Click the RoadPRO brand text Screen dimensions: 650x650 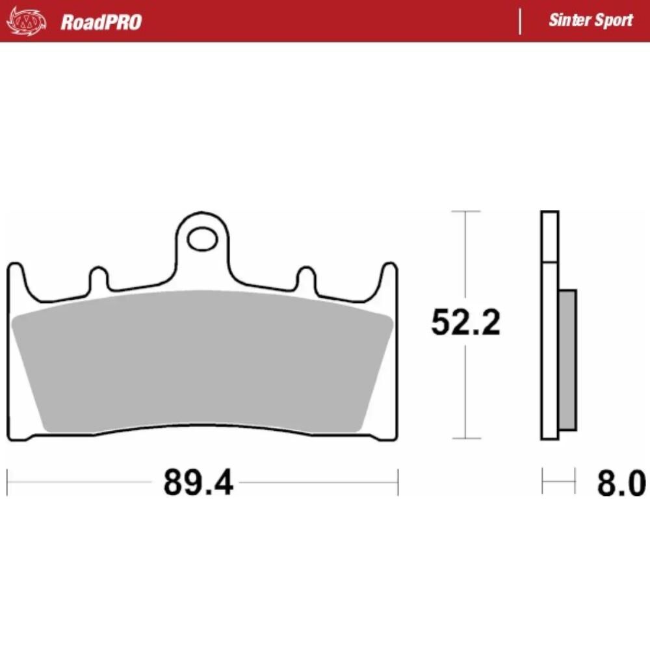pos(101,21)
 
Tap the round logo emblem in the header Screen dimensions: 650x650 pos(27,21)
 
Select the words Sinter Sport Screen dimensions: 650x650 pos(590,19)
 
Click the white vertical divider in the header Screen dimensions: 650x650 pos(520,21)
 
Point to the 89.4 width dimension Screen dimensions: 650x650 pos(198,483)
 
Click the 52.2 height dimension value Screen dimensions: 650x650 pos(465,322)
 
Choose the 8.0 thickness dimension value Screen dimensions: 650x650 pos(621,484)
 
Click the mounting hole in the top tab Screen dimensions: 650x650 pos(201,239)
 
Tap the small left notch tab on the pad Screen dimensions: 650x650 pos(98,278)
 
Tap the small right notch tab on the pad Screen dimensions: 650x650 pos(305,278)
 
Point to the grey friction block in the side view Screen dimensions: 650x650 pos(567,359)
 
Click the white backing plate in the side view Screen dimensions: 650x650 pos(549,325)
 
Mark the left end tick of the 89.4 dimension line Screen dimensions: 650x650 pos(7,482)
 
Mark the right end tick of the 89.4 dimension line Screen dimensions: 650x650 pos(397,482)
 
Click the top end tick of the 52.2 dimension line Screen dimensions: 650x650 pos(465,211)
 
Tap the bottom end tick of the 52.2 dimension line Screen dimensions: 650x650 pos(465,439)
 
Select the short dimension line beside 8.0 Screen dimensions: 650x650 pos(559,482)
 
